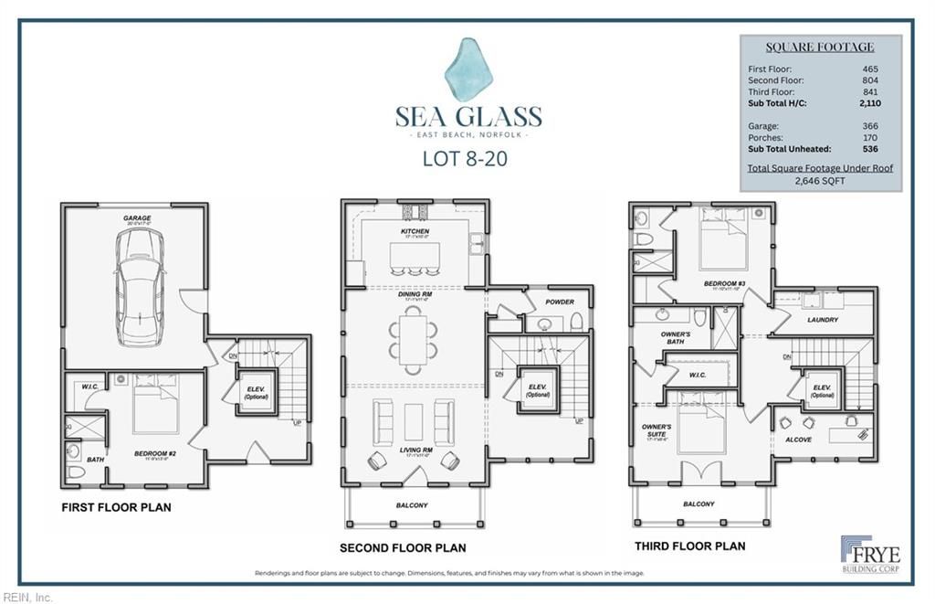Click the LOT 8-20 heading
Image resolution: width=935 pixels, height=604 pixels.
pyautogui.click(x=465, y=157)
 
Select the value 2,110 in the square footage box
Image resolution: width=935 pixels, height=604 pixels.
pyautogui.click(x=870, y=104)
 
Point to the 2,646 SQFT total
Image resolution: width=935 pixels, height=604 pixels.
pyautogui.click(x=819, y=181)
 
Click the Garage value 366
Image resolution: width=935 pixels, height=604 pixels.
pyautogui.click(x=870, y=126)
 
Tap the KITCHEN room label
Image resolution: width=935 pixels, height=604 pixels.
pyautogui.click(x=415, y=231)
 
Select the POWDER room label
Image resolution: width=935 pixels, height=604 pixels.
pyautogui.click(x=560, y=302)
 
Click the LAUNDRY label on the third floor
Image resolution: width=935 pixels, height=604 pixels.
pyautogui.click(x=822, y=320)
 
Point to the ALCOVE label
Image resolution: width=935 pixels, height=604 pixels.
pyautogui.click(x=798, y=440)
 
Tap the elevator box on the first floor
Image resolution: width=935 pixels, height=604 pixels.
pyautogui.click(x=256, y=393)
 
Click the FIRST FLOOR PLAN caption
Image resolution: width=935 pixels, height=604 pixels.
pyautogui.click(x=116, y=507)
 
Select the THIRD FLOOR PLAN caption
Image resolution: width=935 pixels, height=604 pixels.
pyautogui.click(x=689, y=546)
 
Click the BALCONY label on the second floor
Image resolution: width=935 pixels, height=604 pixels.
pyautogui.click(x=412, y=505)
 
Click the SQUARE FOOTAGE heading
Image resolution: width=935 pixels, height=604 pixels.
pyautogui.click(x=819, y=48)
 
